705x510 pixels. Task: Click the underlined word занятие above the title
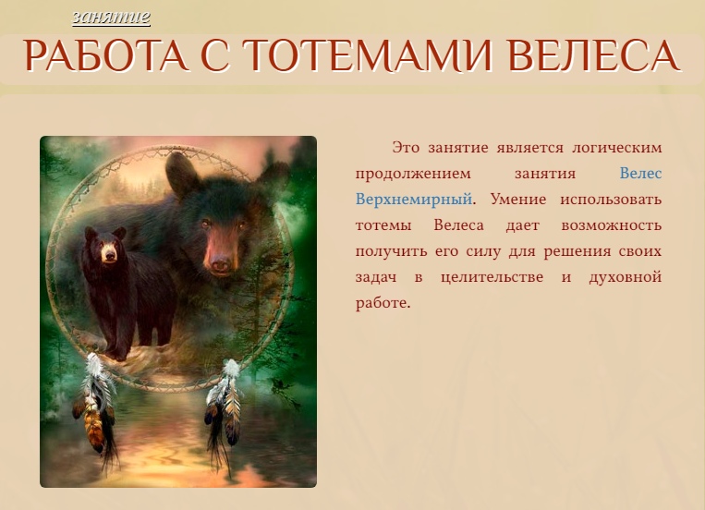point(111,17)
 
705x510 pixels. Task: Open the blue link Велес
point(640,174)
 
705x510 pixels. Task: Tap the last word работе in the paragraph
point(382,303)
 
